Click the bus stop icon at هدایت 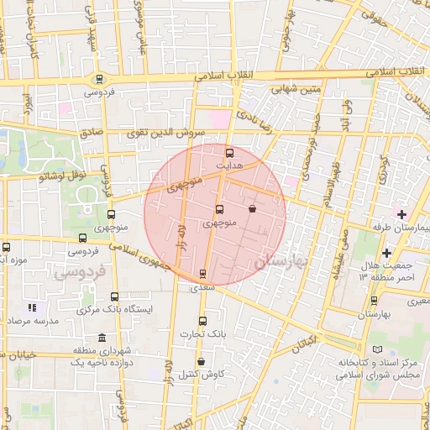(x=230, y=153)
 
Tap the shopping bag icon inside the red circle (x=252, y=208)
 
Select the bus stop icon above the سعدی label (x=202, y=274)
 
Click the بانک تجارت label (x=202, y=334)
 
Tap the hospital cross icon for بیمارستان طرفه (x=402, y=215)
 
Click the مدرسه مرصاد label (x=34, y=322)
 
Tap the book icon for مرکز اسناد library (x=377, y=349)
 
